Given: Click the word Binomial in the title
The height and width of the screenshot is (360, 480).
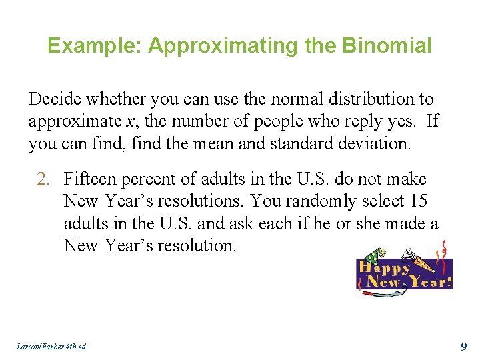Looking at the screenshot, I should click(387, 46).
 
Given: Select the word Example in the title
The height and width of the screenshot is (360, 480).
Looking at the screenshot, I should click(95, 46).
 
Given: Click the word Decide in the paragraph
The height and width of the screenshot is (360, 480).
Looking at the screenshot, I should click(55, 99).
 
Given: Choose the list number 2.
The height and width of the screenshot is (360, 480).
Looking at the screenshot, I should click(43, 179).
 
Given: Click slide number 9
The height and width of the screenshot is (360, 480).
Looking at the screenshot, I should click(464, 346).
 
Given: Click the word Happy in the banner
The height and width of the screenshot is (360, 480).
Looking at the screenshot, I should click(385, 268).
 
